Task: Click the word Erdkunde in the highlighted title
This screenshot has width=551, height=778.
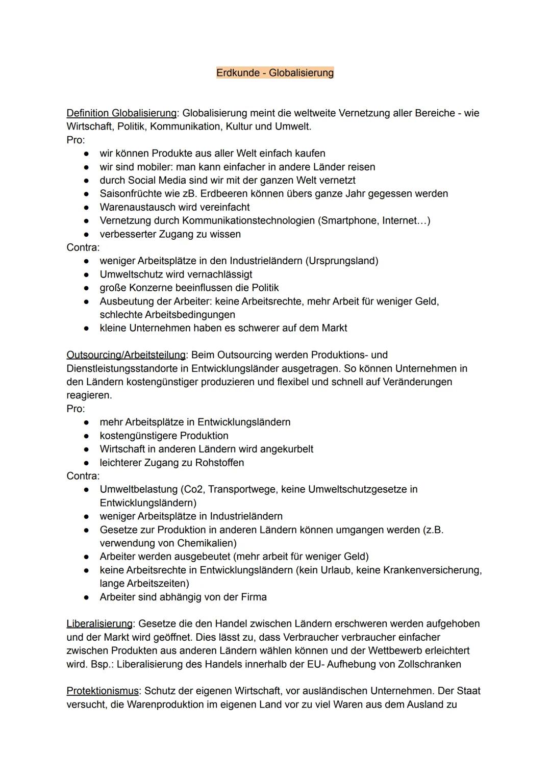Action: click(x=238, y=73)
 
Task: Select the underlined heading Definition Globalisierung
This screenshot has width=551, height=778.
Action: click(x=121, y=113)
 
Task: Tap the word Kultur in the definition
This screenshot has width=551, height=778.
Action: click(x=239, y=127)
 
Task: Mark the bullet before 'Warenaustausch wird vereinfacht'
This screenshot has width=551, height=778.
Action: click(x=87, y=208)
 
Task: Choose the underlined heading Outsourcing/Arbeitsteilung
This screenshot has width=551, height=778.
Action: click(x=126, y=355)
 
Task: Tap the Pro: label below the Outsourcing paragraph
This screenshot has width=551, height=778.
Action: click(x=76, y=409)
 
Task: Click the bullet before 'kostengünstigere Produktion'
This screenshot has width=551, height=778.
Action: click(x=87, y=436)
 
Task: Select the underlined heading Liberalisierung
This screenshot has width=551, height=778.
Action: click(x=99, y=624)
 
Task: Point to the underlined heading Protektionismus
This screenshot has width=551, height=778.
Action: click(x=103, y=691)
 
